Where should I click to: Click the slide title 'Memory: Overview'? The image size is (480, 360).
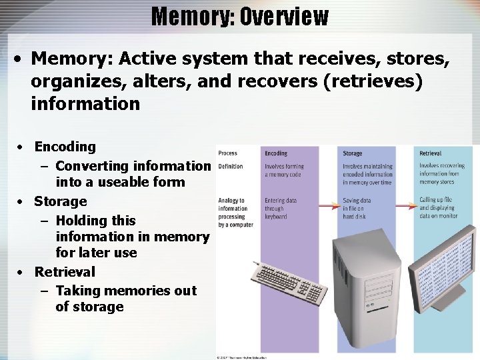(x=240, y=16)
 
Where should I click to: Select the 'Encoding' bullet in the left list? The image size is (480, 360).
(x=65, y=147)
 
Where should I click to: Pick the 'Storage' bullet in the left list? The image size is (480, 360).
(x=61, y=201)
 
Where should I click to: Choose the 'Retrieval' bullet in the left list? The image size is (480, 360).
(x=65, y=272)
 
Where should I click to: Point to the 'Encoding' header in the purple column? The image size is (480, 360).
(x=276, y=153)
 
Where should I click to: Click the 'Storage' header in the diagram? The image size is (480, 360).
(x=353, y=153)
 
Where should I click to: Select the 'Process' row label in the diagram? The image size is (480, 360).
(x=227, y=153)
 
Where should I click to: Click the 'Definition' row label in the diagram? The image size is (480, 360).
(x=230, y=166)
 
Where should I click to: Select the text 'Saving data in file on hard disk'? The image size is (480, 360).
(x=359, y=208)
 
